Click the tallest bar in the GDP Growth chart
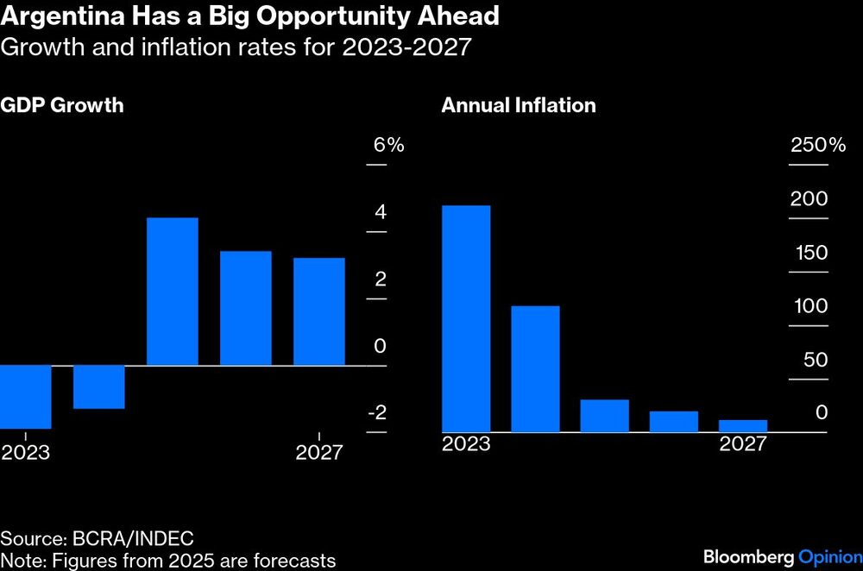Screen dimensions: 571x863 coord(173,292)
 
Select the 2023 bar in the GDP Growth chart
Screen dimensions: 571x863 coord(25,396)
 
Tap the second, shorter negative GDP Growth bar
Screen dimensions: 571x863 coord(98,386)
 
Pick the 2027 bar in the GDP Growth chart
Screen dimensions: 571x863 coord(318,311)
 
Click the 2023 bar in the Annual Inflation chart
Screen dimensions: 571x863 coord(466,318)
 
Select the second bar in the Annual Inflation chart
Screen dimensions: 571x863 coord(535,368)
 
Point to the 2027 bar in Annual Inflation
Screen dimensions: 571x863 coord(742,425)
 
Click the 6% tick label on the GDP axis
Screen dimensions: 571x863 coord(388,146)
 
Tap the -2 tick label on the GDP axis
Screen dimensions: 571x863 coord(376,413)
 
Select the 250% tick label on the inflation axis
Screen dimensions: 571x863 coord(818,146)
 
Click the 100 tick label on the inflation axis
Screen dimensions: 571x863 coord(809,306)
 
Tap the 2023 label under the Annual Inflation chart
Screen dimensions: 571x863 coord(466,444)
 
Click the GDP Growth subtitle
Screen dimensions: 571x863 coord(62,106)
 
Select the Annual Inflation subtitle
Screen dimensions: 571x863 coord(518,106)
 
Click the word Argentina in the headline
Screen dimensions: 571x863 coord(54,16)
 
